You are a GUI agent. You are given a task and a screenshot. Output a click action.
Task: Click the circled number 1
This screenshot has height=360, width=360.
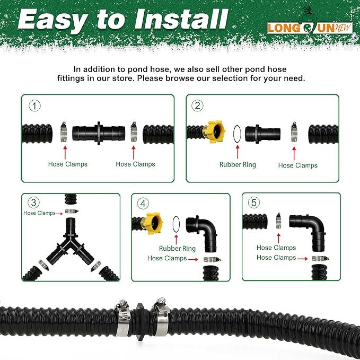(35, 106)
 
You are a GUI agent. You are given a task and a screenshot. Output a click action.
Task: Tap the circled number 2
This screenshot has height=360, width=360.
(198, 106)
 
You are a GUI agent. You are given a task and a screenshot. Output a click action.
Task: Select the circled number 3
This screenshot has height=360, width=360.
(34, 203)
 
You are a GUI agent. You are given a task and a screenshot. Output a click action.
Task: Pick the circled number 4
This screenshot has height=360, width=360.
(143, 203)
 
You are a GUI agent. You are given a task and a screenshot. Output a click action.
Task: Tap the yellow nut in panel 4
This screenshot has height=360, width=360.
(157, 223)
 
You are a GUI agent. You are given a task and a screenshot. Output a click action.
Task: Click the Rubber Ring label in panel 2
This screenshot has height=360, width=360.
(238, 164)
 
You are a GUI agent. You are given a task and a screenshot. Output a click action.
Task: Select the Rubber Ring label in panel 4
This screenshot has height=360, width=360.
(177, 248)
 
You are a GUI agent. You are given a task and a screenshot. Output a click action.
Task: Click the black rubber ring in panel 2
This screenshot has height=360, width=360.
(238, 131)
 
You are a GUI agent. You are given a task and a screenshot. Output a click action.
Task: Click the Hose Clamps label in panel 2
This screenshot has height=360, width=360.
(297, 165)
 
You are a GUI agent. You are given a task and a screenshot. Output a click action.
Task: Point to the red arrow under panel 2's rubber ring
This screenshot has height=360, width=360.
(238, 151)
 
